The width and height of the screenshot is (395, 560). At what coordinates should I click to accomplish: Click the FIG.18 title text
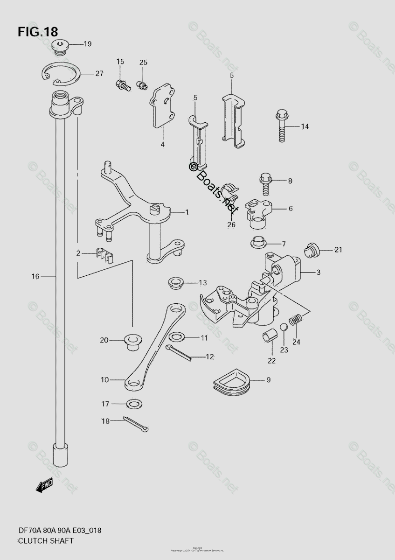coord(38,32)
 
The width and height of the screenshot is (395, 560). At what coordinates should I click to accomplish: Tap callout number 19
coord(88,44)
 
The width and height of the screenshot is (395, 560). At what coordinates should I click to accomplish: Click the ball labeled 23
coord(284,327)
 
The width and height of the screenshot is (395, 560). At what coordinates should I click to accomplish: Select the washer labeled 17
coord(134,403)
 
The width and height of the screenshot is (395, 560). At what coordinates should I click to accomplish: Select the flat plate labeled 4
coord(162,105)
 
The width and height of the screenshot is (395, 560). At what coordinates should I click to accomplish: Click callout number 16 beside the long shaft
coord(35,276)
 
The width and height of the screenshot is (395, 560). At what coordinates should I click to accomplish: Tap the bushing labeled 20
coord(132,342)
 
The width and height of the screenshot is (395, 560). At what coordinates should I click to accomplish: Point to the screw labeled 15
coord(122,84)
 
